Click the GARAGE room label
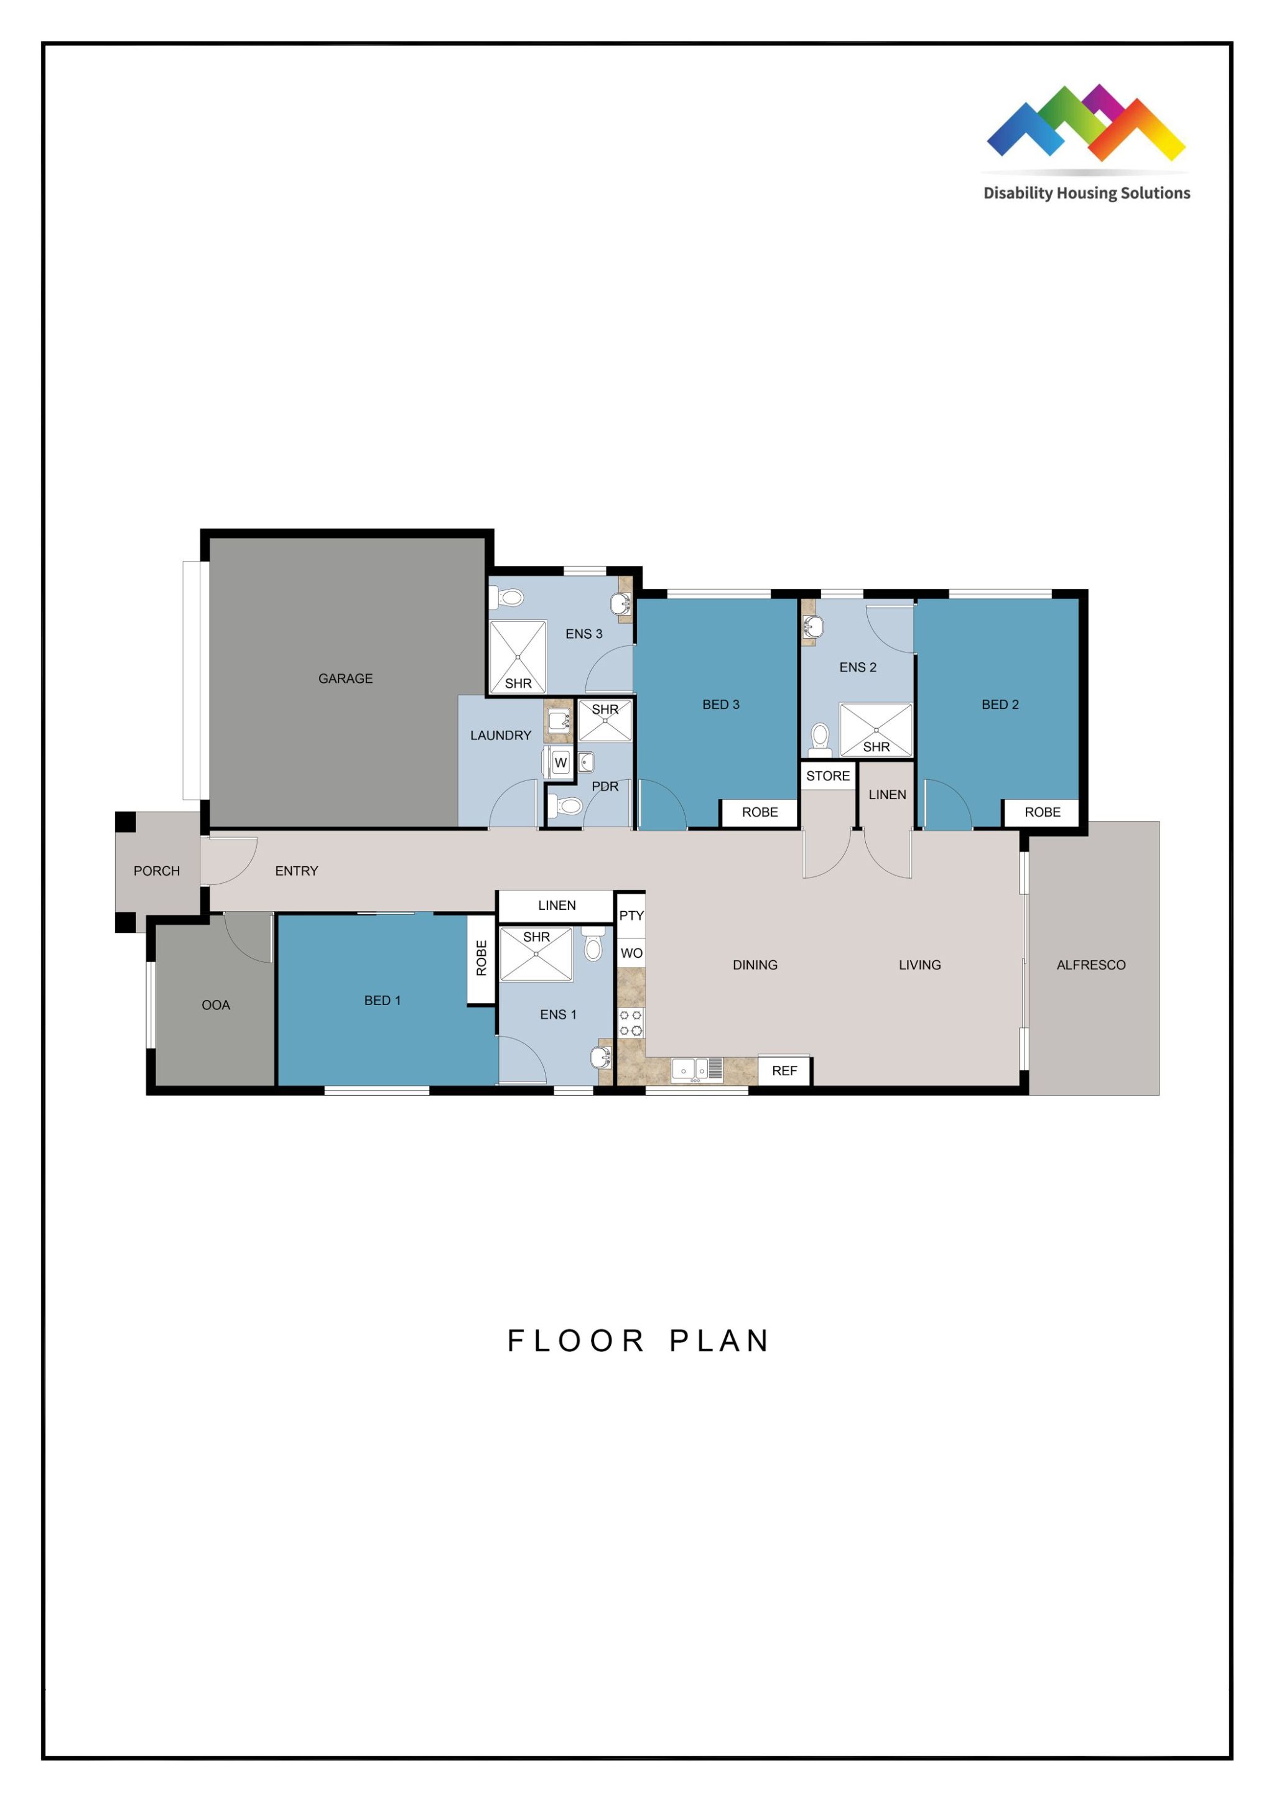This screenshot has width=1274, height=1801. coord(345,678)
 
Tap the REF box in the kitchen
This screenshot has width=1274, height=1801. coord(784,1071)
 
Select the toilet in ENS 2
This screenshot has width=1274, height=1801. coord(820,738)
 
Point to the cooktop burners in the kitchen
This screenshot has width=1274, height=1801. coord(631,1023)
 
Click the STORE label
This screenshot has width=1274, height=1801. coord(827,775)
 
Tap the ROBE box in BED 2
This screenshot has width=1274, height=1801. coord(1042,812)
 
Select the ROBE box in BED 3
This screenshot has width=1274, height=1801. coord(760,812)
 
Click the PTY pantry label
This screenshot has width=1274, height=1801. coord(631,915)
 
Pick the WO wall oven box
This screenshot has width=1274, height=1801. coord(631,953)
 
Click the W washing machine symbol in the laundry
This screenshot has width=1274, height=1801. coord(560,762)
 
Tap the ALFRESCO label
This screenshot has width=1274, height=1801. coord(1090,965)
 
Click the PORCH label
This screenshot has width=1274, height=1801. coord(156,871)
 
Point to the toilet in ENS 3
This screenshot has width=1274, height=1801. coord(508,598)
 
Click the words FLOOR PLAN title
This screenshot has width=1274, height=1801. coord(638,1341)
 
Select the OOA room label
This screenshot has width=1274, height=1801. coord(216,1005)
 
